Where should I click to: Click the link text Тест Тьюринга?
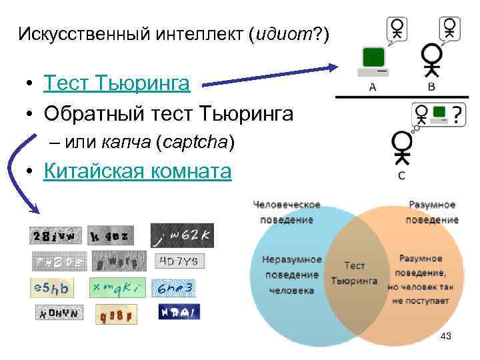coord(117,83)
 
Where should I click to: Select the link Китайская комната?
coord(137,171)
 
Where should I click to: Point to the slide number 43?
coord(446,337)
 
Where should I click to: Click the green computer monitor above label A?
coord(373,58)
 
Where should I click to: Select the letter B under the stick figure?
coord(431,87)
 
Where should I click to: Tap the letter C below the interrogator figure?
coord(401,176)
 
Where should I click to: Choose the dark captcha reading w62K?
coord(182,235)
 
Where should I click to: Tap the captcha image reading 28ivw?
coord(55,235)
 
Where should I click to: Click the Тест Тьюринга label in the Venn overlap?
coord(353,273)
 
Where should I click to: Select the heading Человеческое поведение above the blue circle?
coord(287,212)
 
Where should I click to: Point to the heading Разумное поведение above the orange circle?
coord(432,212)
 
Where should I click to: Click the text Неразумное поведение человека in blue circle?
coord(292,275)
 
